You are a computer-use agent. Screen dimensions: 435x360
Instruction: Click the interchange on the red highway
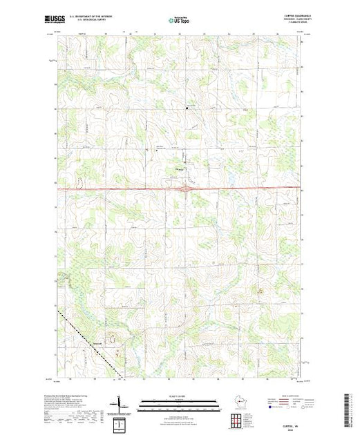pyautogui.click(x=184, y=187)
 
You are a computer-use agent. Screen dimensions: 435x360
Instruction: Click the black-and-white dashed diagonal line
pyautogui.click(x=90, y=345)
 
